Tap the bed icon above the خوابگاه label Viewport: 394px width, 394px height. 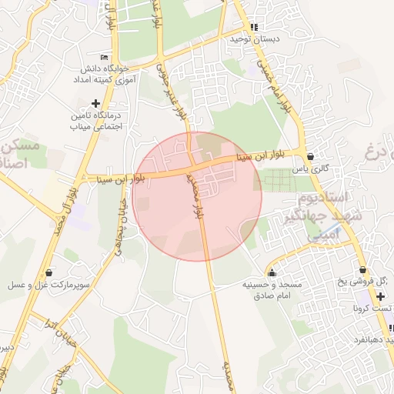pyautogui.click(x=105, y=57)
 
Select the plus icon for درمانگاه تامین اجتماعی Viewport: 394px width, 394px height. pyautogui.click(x=95, y=103)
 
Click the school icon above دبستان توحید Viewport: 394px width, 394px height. pyautogui.click(x=254, y=27)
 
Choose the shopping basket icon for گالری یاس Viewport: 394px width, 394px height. pyautogui.click(x=309, y=156)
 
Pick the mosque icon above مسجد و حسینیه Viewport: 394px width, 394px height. pyautogui.click(x=272, y=272)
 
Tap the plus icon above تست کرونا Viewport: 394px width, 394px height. pyautogui.click(x=380, y=295)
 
